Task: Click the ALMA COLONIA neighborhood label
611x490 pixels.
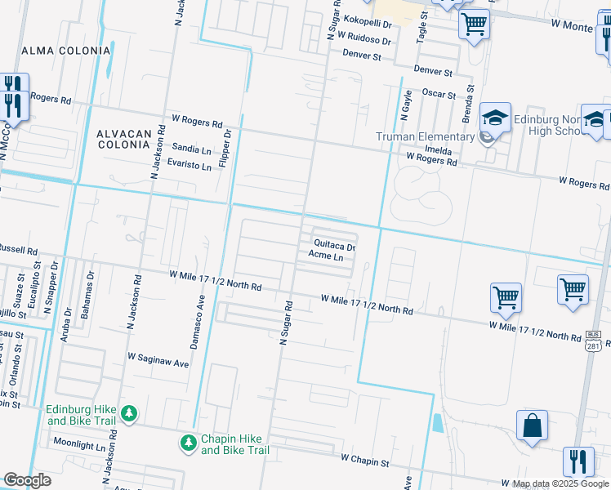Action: (65, 51)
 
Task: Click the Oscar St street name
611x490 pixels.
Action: (439, 94)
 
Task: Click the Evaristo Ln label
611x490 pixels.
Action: (190, 166)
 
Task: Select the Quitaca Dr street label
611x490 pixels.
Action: (335, 246)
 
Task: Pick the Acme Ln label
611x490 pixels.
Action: (325, 256)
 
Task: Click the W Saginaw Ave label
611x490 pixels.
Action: (158, 358)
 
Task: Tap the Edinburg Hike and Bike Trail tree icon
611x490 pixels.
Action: (129, 415)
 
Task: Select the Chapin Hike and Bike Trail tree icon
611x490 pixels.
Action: (188, 443)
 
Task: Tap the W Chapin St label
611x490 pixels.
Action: (365, 461)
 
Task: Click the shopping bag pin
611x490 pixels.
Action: (532, 426)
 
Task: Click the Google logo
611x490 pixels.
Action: (28, 480)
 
